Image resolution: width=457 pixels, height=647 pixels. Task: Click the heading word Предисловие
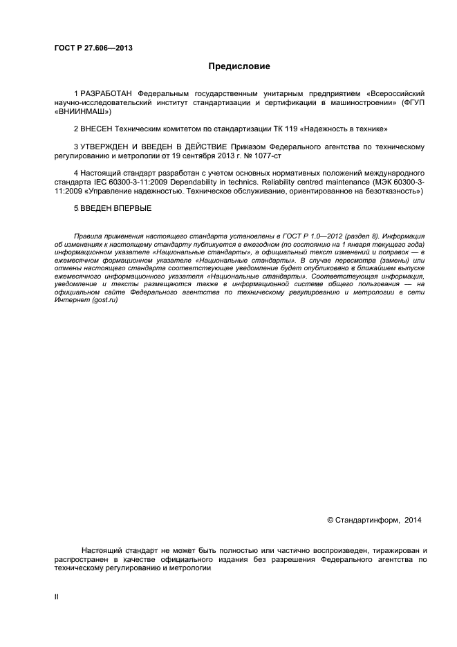tap(239, 66)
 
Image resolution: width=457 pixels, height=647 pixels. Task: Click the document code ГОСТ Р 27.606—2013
tap(93, 48)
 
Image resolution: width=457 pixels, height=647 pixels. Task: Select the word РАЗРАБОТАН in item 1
tap(106, 93)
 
